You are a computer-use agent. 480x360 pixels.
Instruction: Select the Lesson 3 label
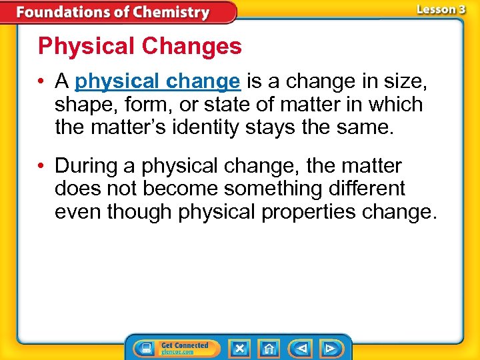coord(441,9)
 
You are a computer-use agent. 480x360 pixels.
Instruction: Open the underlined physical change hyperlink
coord(157,81)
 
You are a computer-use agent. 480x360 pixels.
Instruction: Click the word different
coord(366,188)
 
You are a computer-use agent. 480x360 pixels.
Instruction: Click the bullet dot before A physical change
coord(42,82)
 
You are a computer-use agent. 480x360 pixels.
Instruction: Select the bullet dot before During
coord(42,166)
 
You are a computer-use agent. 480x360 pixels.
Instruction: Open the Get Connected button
coord(176,348)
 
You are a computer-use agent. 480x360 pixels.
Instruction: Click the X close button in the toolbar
coord(239,348)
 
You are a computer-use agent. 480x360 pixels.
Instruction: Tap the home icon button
coord(269,348)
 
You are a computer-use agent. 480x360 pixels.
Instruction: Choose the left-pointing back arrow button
coord(301,348)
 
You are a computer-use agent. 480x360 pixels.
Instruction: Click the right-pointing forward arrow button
coord(329,348)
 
